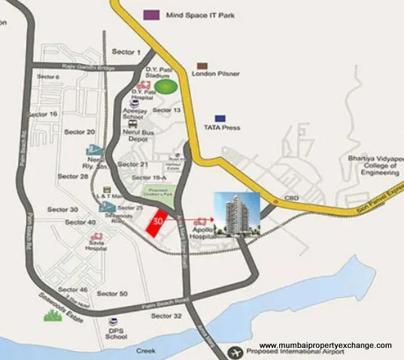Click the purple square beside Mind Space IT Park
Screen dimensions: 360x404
[x=151, y=14]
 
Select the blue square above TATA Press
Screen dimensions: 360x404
[x=220, y=119]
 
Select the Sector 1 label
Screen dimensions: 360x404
[x=126, y=52]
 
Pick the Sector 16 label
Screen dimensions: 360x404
[x=42, y=113]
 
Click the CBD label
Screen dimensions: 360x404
[x=290, y=199]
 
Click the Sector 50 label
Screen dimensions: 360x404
[x=112, y=293]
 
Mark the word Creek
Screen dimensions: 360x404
[x=145, y=350]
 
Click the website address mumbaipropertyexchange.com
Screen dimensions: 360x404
[x=325, y=345]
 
